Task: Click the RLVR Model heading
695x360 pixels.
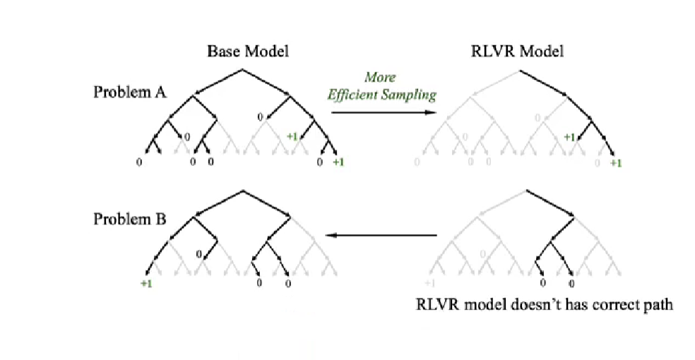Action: (517, 51)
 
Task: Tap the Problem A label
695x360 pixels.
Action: (130, 92)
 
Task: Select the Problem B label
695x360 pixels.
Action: (130, 219)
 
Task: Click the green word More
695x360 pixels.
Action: (380, 77)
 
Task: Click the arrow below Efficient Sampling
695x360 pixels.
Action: (383, 112)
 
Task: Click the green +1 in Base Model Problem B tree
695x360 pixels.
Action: (146, 284)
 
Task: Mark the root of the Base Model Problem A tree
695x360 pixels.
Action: (243, 69)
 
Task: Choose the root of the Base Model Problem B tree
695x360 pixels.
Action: (243, 191)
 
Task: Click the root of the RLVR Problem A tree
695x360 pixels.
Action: (520, 69)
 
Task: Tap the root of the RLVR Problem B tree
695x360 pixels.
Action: (526, 191)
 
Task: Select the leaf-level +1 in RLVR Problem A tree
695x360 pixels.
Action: (615, 163)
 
